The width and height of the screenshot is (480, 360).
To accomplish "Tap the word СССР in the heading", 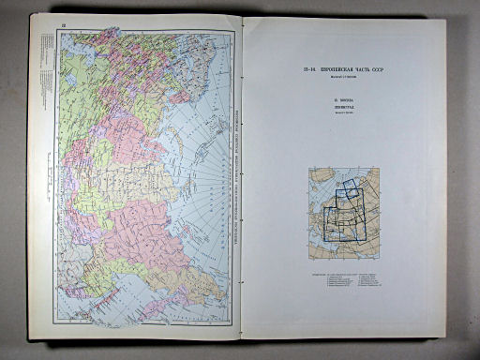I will click(x=379, y=69).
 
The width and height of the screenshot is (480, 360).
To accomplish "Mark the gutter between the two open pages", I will click(x=243, y=178).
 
